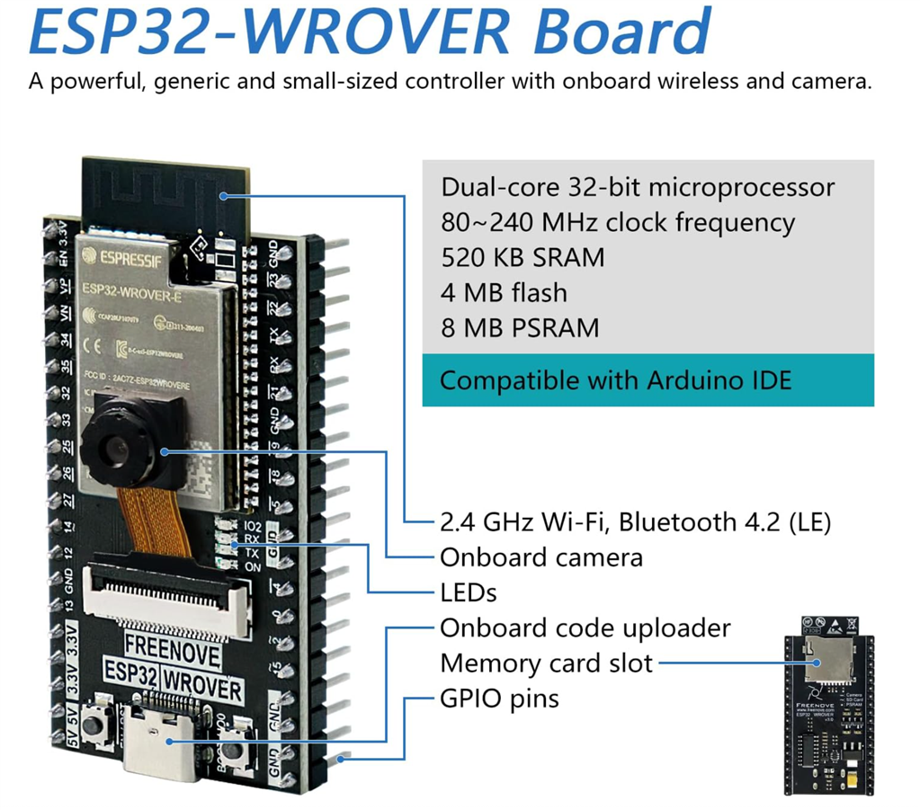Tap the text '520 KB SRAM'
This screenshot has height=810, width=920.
pyautogui.click(x=523, y=258)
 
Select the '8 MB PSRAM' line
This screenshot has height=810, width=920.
pyautogui.click(x=520, y=327)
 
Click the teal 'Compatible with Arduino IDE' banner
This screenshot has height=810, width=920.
pyautogui.click(x=648, y=380)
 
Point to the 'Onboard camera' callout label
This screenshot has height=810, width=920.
pyautogui.click(x=541, y=557)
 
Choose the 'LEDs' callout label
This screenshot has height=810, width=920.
pyautogui.click(x=468, y=592)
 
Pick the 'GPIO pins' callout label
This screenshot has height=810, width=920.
pyautogui.click(x=499, y=699)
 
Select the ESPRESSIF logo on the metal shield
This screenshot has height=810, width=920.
pyautogui.click(x=124, y=255)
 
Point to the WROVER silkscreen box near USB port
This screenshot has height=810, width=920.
pyautogui.click(x=214, y=690)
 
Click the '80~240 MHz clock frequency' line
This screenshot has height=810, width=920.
pyautogui.click(x=618, y=223)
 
